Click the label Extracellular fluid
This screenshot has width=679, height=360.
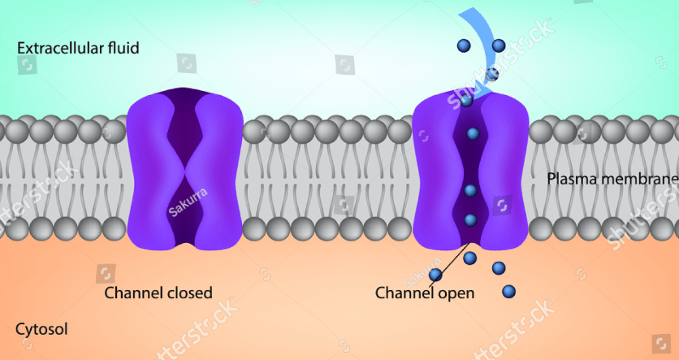[78, 48]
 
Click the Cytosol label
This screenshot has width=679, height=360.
[41, 329]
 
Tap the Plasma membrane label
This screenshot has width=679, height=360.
[612, 179]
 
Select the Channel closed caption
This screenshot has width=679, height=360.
[158, 293]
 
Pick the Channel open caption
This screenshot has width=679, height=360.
[425, 293]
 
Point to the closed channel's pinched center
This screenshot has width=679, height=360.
[186, 172]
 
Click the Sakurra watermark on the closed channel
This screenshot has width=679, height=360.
[188, 202]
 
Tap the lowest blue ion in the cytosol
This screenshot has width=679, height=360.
[508, 291]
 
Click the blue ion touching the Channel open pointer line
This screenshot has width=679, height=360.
[435, 275]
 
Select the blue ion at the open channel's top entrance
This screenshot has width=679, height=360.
[466, 101]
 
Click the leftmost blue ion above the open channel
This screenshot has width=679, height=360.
[464, 45]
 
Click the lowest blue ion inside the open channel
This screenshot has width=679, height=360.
[471, 220]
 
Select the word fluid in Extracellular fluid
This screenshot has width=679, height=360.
[123, 48]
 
